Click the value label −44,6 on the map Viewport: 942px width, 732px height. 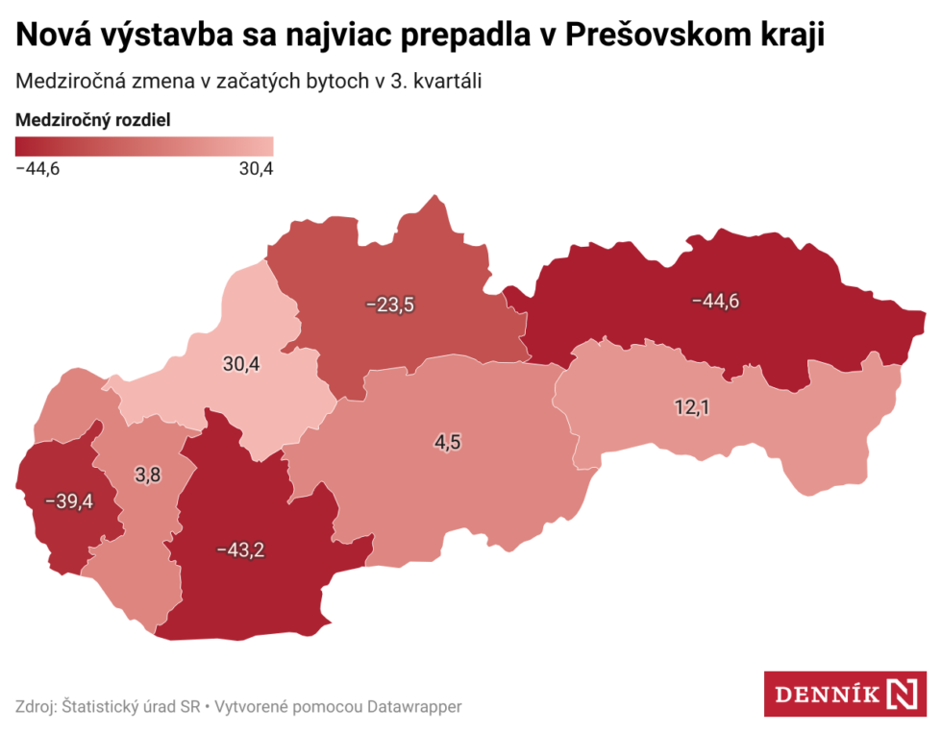pyautogui.click(x=715, y=301)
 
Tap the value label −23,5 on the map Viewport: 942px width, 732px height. pyautogui.click(x=389, y=305)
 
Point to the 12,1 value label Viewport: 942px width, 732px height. pyautogui.click(x=691, y=407)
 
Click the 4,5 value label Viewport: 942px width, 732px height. pyautogui.click(x=448, y=442)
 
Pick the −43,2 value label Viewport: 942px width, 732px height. pyautogui.click(x=240, y=550)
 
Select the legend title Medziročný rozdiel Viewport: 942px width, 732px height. pyautogui.click(x=93, y=120)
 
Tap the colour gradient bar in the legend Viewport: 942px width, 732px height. pyautogui.click(x=144, y=146)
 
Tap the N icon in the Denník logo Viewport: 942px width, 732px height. pyautogui.click(x=903, y=694)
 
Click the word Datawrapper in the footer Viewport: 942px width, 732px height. pyautogui.click(x=414, y=707)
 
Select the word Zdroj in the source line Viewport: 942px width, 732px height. pyautogui.click(x=36, y=707)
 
